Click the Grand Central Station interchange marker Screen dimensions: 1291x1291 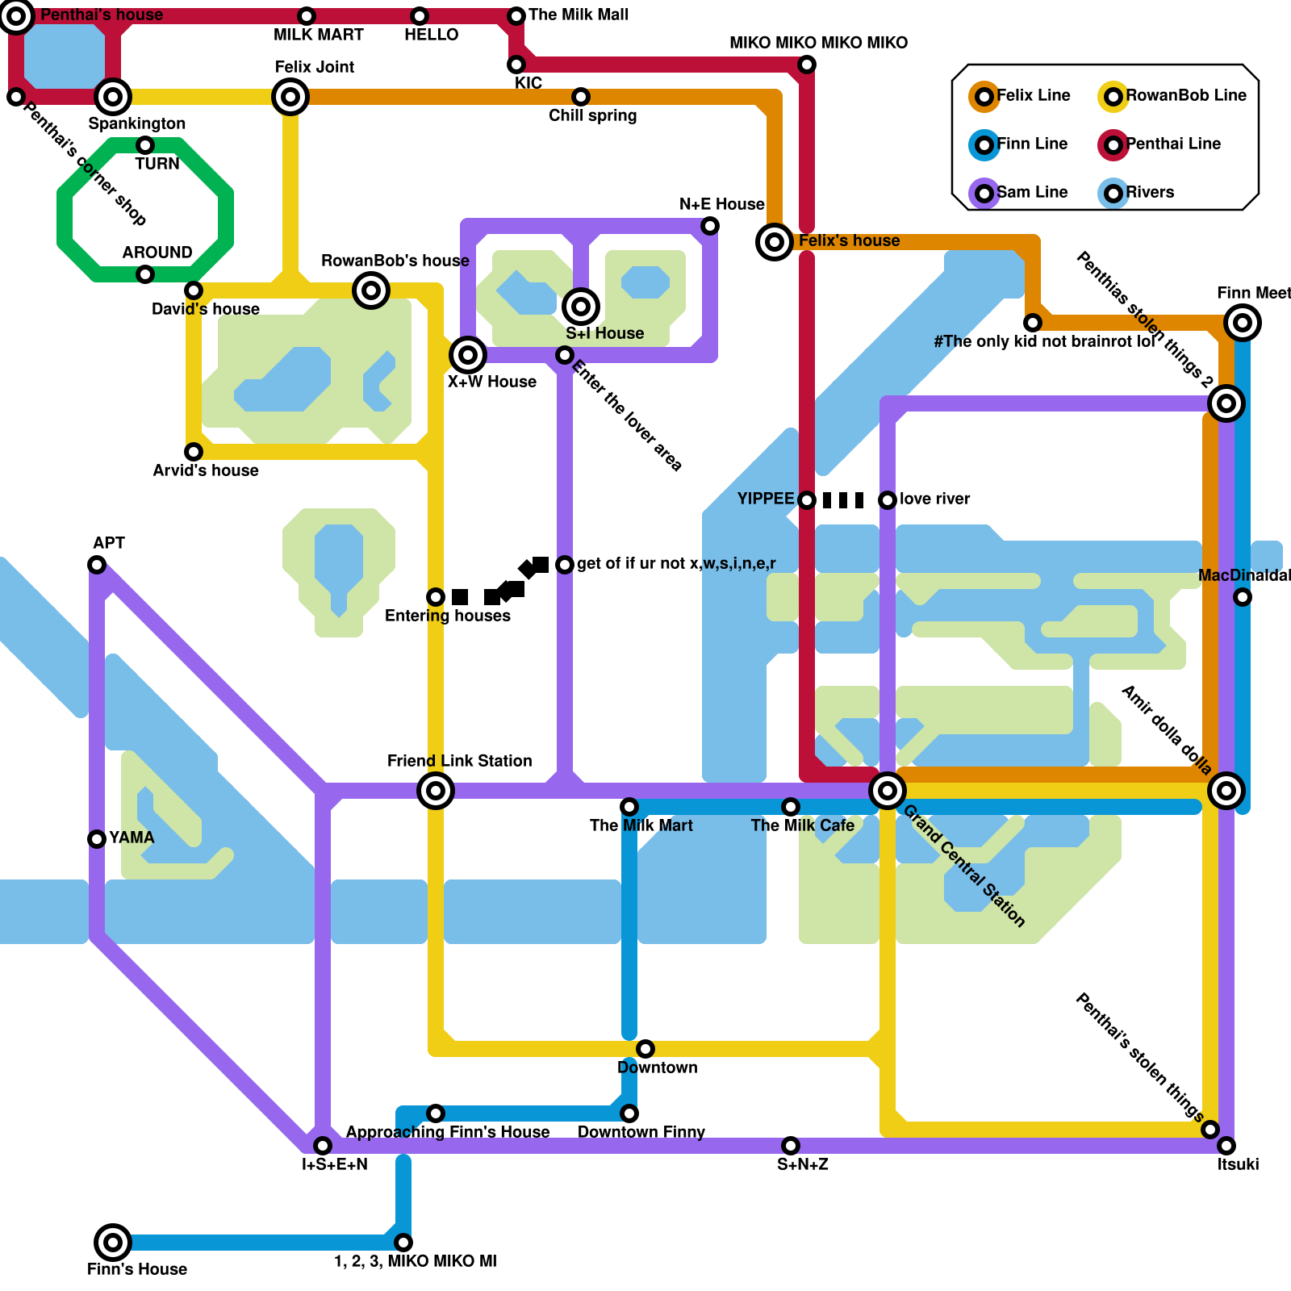click(x=887, y=791)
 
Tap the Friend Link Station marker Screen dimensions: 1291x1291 click(x=436, y=791)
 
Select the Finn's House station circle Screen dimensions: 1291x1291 click(x=113, y=1243)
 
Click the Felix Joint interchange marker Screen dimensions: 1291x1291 click(x=290, y=97)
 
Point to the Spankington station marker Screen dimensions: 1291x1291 click(x=113, y=97)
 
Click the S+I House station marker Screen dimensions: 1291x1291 click(x=581, y=307)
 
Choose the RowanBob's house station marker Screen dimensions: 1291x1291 click(x=371, y=290)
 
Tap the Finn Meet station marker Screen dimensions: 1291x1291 click(x=1243, y=323)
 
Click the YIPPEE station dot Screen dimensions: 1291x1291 click(x=807, y=500)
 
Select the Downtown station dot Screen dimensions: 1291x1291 click(x=645, y=1049)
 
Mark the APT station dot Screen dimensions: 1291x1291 click(x=97, y=565)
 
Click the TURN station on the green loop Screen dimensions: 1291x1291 click(x=145, y=145)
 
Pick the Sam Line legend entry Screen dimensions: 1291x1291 click(x=1021, y=193)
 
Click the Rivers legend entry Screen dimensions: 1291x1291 click(x=1138, y=193)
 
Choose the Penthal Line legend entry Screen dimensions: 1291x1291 click(x=1162, y=144)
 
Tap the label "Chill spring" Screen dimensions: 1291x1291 click(x=592, y=115)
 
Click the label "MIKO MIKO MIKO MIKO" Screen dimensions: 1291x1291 click(x=818, y=43)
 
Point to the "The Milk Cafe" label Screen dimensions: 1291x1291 click(x=802, y=825)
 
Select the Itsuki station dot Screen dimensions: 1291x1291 click(x=1226, y=1146)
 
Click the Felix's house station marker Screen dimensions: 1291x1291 click(x=775, y=242)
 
